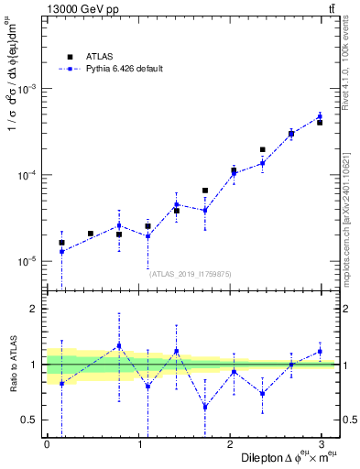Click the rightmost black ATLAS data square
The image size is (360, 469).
[x=320, y=122]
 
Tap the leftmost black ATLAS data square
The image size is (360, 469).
[x=61, y=243]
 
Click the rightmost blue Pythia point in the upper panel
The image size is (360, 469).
[x=320, y=116]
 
